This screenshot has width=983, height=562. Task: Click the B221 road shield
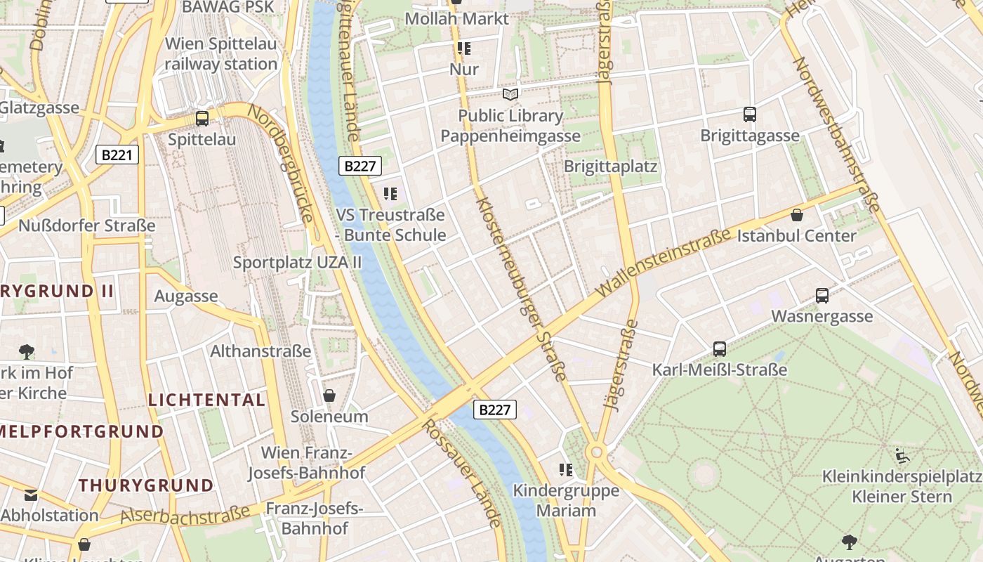click(x=117, y=155)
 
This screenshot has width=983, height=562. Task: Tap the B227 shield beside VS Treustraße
click(x=361, y=166)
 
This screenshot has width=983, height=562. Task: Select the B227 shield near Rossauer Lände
click(x=495, y=410)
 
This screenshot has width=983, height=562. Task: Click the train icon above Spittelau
click(x=202, y=118)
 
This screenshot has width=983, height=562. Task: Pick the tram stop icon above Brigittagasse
click(x=749, y=114)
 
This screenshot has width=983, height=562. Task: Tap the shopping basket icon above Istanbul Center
click(x=797, y=214)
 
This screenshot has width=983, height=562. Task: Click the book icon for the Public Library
click(x=510, y=94)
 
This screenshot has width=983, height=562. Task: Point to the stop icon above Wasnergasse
click(x=822, y=296)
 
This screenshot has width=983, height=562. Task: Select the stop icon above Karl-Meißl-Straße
click(x=719, y=348)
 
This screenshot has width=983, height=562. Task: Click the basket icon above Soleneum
click(x=329, y=396)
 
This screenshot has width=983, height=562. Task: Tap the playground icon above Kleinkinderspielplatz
click(x=902, y=456)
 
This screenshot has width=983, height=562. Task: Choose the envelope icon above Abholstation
click(x=31, y=495)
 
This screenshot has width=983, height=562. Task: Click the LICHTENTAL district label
click(x=206, y=400)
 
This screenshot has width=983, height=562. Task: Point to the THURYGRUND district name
click(x=146, y=485)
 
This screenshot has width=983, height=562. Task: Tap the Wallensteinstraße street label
click(x=664, y=262)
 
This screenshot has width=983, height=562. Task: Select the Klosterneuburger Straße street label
click(x=520, y=289)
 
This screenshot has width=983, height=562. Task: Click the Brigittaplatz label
click(x=610, y=166)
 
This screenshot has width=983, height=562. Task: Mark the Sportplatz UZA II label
click(x=297, y=263)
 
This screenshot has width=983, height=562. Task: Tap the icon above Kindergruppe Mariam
click(x=566, y=469)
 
